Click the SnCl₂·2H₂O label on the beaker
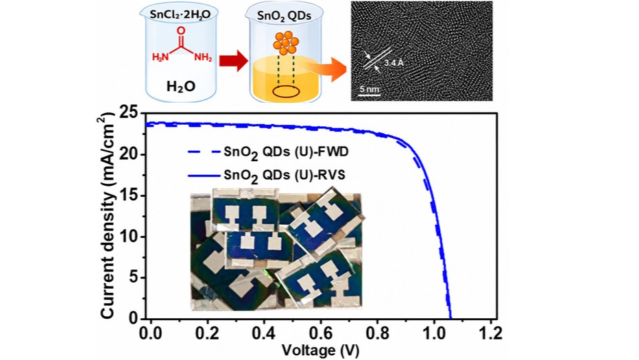tap(180, 15)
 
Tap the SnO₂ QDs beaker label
tap(284, 16)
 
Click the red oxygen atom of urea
tap(181, 31)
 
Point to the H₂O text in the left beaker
tap(180, 86)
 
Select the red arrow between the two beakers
tap(234, 62)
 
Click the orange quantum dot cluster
tap(286, 43)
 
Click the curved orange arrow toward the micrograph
tap(326, 69)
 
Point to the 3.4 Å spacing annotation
tap(394, 63)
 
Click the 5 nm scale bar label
tap(370, 89)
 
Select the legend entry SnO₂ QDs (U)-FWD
tap(268, 152)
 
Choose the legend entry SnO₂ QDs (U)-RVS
tap(266, 176)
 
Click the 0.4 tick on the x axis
tap(264, 333)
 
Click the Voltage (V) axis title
tap(321, 350)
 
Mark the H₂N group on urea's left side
tap(160, 57)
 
